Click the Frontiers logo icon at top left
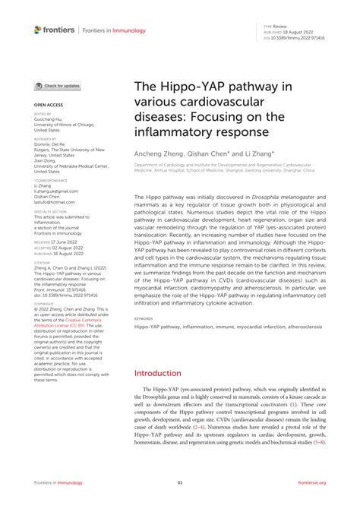pos(38,30)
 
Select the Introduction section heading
pos(165,374)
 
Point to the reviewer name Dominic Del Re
pos(52,145)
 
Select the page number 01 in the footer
pos(180,482)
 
